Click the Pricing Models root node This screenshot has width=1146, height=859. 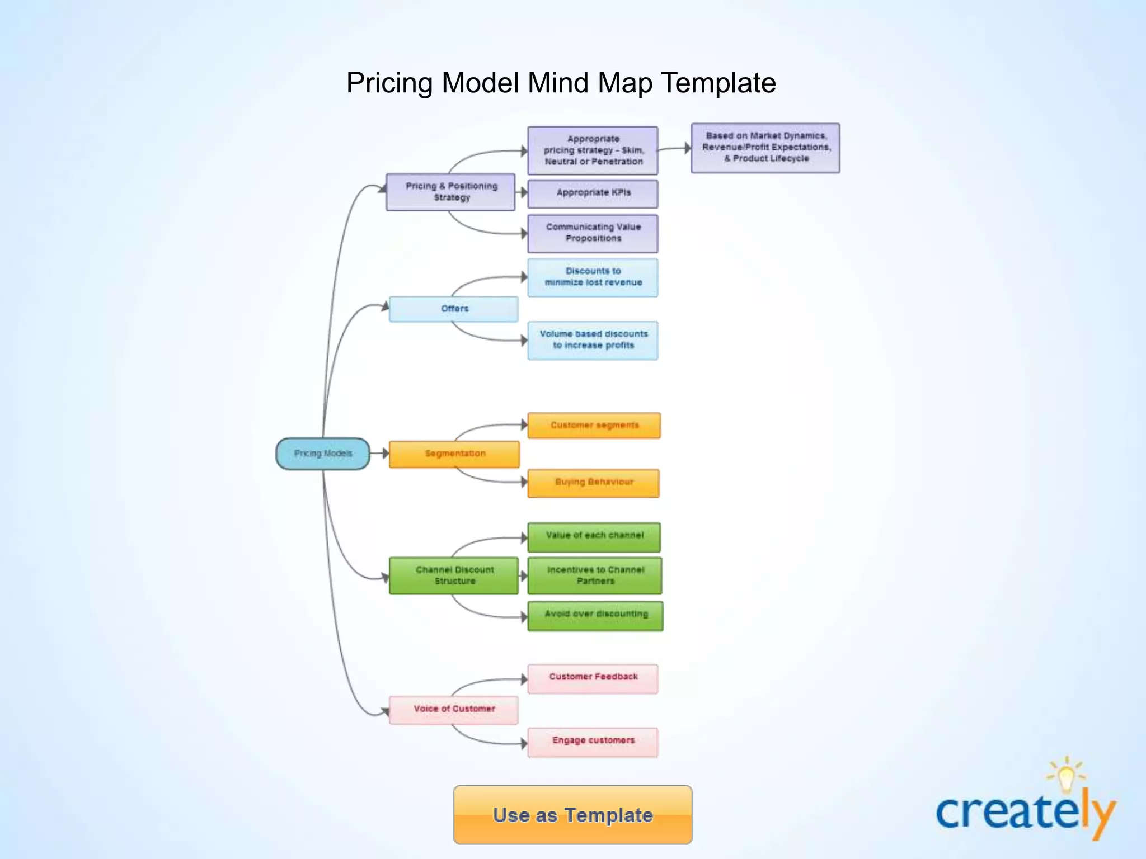[323, 454]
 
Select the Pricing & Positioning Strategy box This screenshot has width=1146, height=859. [450, 192]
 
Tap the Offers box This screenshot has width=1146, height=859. [454, 309]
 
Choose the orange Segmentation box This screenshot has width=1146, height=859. [454, 454]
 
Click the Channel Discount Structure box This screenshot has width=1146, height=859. [454, 575]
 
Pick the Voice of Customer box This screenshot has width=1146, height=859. [454, 709]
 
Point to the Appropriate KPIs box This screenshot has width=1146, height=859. [593, 193]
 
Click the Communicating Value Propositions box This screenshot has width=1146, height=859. [593, 233]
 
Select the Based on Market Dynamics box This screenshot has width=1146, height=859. [765, 148]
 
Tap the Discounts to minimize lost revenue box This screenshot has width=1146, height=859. [593, 277]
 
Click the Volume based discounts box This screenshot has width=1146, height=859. [593, 340]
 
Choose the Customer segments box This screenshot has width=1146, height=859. [594, 426]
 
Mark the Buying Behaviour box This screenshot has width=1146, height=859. [594, 482]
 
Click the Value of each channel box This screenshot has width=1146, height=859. [594, 536]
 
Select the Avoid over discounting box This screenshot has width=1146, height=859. [595, 615]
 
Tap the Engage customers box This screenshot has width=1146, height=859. [593, 742]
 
